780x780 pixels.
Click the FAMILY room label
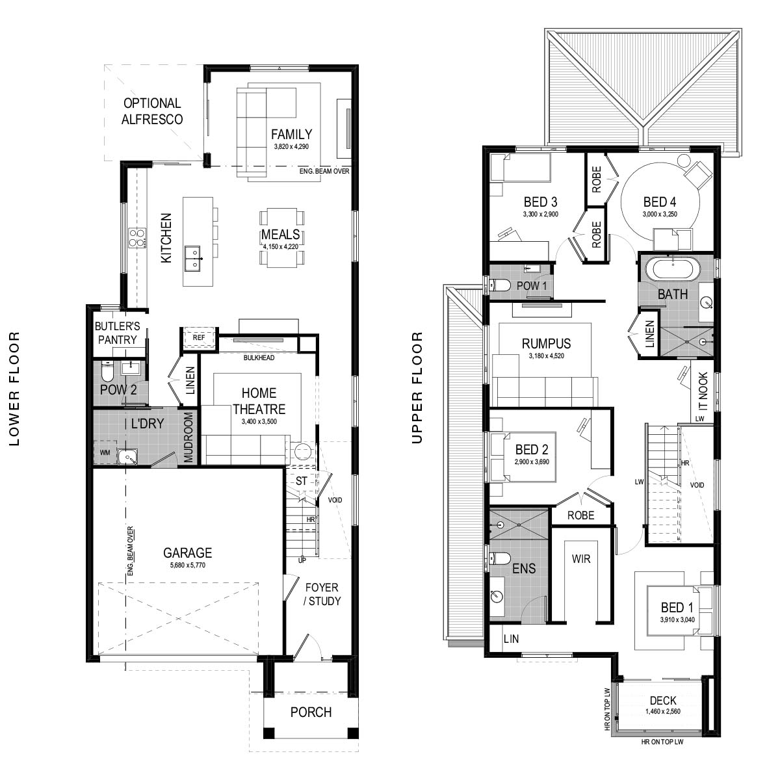pyautogui.click(x=291, y=134)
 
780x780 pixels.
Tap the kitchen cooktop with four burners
pyautogui.click(x=137, y=238)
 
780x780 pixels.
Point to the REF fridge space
pyautogui.click(x=198, y=337)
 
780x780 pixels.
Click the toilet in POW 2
pyautogui.click(x=107, y=370)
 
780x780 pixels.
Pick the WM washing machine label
pyautogui.click(x=105, y=452)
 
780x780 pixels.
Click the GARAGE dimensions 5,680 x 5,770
pyautogui.click(x=187, y=565)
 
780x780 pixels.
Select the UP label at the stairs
pyautogui.click(x=302, y=560)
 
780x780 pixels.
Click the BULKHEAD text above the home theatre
pyautogui.click(x=259, y=357)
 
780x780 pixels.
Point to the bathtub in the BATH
pyautogui.click(x=672, y=268)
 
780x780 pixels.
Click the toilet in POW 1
pyautogui.click(x=500, y=285)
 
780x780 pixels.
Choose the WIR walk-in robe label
pyautogui.click(x=581, y=559)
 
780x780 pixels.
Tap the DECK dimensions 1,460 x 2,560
pyautogui.click(x=663, y=711)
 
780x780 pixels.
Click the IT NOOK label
pyautogui.click(x=703, y=392)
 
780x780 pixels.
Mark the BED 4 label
pyautogui.click(x=660, y=201)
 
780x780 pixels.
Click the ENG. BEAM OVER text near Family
pyautogui.click(x=324, y=171)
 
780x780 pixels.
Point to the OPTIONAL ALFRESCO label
pyautogui.click(x=152, y=111)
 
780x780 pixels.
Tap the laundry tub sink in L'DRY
pyautogui.click(x=127, y=457)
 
